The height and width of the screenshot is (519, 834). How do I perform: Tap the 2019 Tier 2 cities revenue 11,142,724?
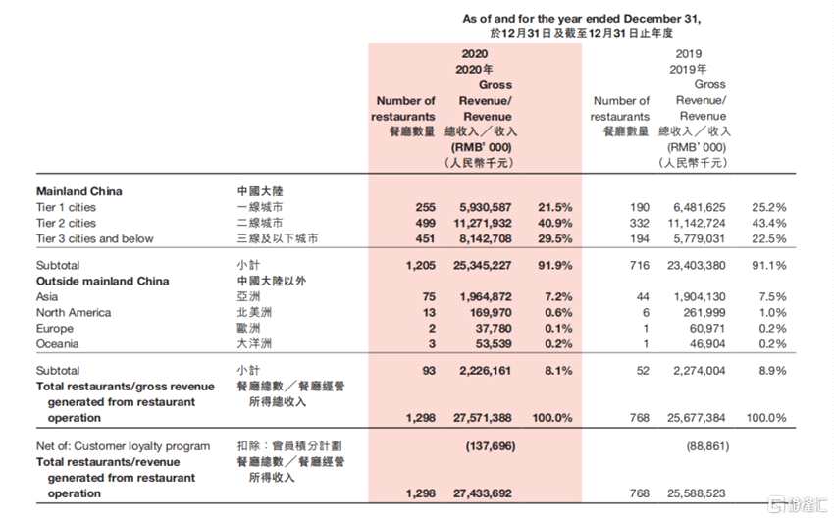pyautogui.click(x=690, y=223)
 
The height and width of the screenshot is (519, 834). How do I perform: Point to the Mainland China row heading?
pyautogui.click(x=79, y=191)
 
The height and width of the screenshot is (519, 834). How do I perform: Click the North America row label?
pyautogui.click(x=74, y=313)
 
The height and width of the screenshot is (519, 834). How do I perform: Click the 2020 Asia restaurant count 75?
pyautogui.click(x=427, y=297)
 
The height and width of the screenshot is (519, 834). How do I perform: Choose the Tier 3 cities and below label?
pyautogui.click(x=94, y=238)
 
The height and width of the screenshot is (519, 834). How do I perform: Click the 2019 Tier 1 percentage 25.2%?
pyautogui.click(x=768, y=207)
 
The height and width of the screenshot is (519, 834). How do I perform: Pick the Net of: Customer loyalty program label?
pyautogui.click(x=123, y=446)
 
